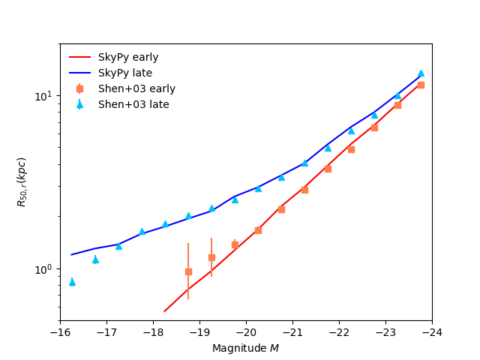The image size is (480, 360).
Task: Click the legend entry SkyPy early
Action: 127,57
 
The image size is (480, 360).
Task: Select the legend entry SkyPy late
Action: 124,73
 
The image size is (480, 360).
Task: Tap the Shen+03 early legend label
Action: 136,88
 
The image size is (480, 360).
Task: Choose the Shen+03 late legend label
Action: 133,104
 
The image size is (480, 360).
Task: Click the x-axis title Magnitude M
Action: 245,348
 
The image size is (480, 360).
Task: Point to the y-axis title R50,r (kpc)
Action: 22,182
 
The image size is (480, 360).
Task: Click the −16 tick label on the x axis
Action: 60,332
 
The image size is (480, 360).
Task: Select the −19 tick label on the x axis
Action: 199,332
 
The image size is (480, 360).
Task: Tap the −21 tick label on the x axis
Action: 292,332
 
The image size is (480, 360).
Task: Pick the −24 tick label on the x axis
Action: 431,332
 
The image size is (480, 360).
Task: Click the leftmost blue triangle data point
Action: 72,282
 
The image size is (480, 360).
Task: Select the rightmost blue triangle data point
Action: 421,73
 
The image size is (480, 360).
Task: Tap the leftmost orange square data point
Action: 188,271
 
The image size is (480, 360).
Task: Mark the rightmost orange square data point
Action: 421,85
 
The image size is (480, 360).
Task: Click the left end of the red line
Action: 164,310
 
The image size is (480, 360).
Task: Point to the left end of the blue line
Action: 72,254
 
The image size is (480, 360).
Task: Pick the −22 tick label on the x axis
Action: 339,332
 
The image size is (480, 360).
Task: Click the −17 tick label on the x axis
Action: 106,332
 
